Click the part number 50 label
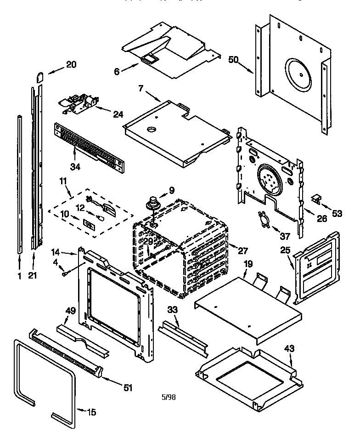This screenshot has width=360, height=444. pos(234,59)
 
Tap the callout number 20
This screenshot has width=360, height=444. pos(71,65)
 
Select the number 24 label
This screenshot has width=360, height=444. pos(118,114)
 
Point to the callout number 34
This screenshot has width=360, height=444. pos(75,166)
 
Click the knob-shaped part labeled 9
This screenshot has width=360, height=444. pos(152,203)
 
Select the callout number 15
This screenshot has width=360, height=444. pos(91,412)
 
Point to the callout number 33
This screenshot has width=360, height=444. pos(172,310)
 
